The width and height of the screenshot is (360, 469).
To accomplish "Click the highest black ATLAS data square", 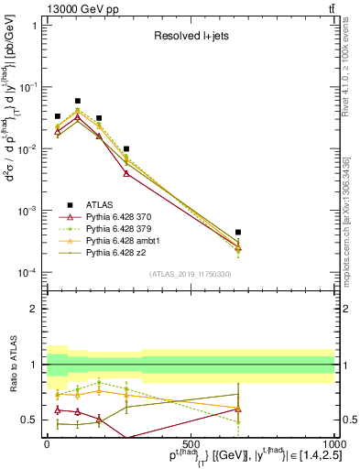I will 78,101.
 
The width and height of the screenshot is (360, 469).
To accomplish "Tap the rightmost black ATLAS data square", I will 238,233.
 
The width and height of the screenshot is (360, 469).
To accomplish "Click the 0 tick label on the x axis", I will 48,443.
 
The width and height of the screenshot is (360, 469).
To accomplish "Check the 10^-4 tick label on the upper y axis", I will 26,273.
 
